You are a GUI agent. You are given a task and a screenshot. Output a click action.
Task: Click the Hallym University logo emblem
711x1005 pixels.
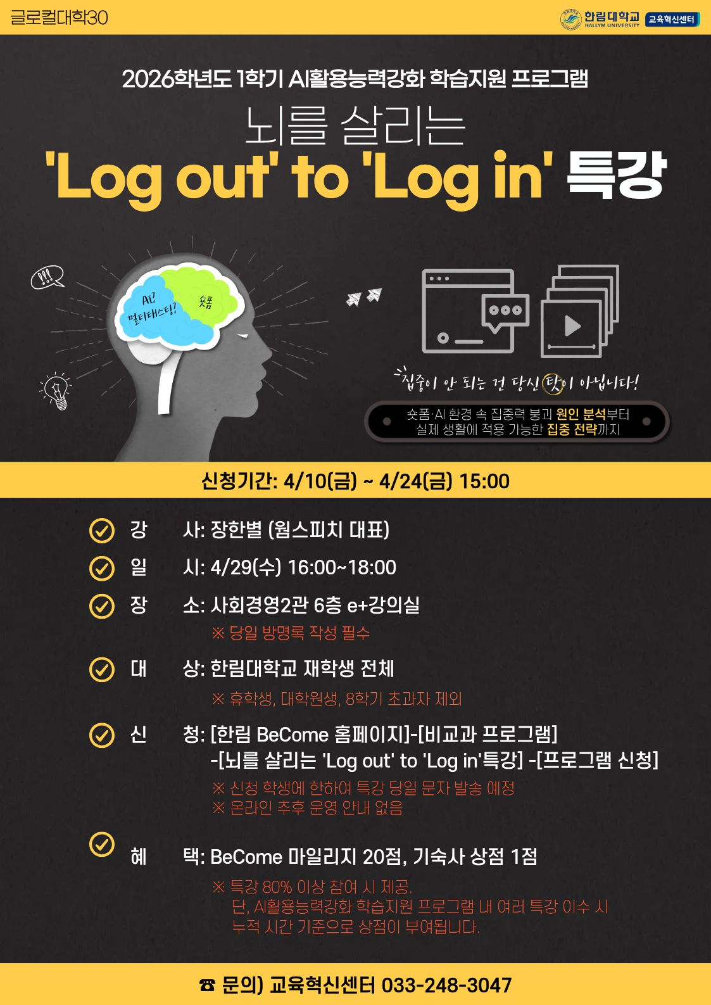pyautogui.click(x=570, y=19)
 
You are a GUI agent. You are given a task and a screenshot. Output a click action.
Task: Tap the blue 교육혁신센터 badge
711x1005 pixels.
pyautogui.click(x=672, y=20)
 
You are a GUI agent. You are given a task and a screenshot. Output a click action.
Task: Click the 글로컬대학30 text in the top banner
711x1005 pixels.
pyautogui.click(x=59, y=18)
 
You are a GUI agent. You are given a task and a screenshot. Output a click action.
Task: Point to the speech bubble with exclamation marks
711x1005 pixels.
pyautogui.click(x=47, y=277)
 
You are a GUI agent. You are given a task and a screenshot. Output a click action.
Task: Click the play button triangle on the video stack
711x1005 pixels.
pyautogui.click(x=572, y=326)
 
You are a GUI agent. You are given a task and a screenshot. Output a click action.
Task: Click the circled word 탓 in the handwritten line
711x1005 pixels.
pyautogui.click(x=553, y=384)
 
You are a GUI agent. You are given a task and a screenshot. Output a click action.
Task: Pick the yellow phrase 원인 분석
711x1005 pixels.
pyautogui.click(x=581, y=414)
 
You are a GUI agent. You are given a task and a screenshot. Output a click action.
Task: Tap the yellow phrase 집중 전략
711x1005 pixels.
pyautogui.click(x=572, y=429)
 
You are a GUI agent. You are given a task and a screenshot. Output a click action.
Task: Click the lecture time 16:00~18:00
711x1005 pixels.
pyautogui.click(x=342, y=567)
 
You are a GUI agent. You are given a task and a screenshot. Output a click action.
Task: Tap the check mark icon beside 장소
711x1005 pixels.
pyautogui.click(x=102, y=606)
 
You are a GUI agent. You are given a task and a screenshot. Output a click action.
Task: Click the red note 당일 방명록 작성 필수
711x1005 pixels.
pyautogui.click(x=291, y=633)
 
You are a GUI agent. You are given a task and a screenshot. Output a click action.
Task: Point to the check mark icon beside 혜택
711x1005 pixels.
pyautogui.click(x=102, y=844)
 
